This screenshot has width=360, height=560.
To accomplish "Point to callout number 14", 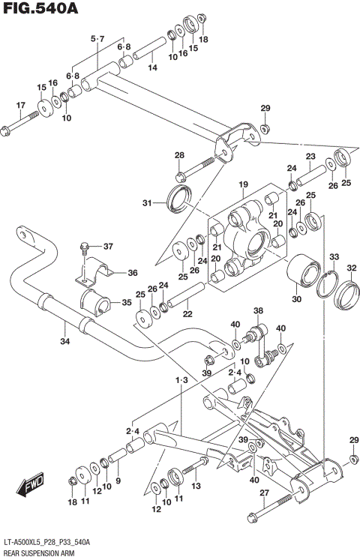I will (152, 67).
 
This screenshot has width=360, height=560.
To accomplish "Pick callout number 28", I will (179, 155).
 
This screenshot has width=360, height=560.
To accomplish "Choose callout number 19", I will (243, 184).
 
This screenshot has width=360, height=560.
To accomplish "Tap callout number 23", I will (310, 156).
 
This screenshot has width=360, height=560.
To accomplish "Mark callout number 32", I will (351, 268).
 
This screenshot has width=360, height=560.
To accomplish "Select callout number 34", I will (65, 343).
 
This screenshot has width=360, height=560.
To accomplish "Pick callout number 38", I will (257, 310).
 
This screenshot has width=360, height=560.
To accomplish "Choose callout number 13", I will (196, 487).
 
